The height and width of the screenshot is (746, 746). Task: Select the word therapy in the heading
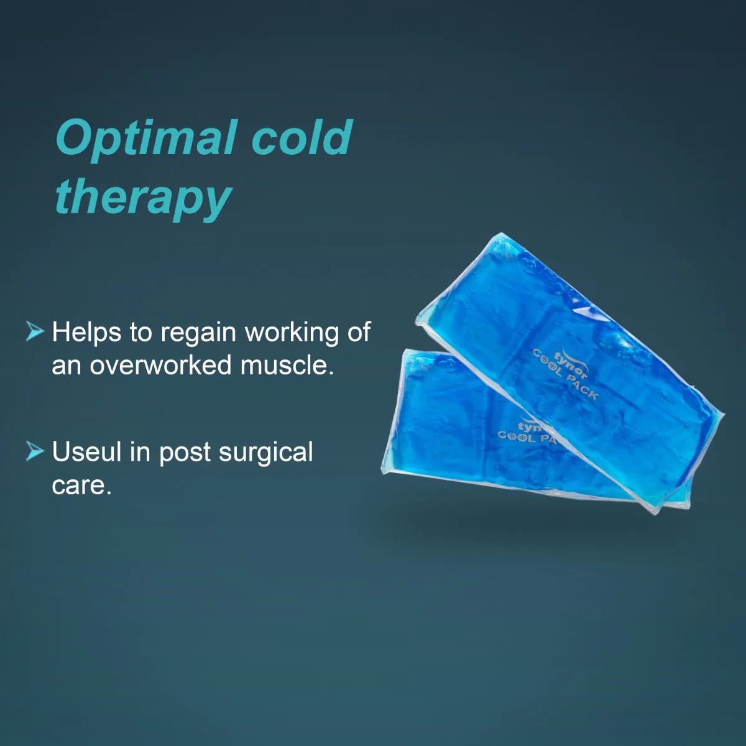pyautogui.click(x=143, y=198)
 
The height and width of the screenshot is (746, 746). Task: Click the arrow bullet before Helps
pyautogui.click(x=35, y=331)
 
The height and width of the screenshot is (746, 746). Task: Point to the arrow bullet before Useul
pyautogui.click(x=35, y=451)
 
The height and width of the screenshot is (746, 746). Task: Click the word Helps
pyautogui.click(x=86, y=333)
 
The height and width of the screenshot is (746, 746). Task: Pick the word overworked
pyautogui.click(x=160, y=365)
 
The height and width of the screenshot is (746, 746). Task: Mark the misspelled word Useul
pyautogui.click(x=87, y=452)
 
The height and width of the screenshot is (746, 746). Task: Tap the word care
pyautogui.click(x=81, y=485)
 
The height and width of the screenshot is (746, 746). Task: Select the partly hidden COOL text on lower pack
pyautogui.click(x=517, y=436)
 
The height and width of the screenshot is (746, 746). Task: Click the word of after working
pyautogui.click(x=359, y=333)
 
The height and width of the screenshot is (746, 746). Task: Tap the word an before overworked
pyautogui.click(x=67, y=366)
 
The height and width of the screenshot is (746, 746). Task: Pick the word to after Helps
pyautogui.click(x=140, y=333)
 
